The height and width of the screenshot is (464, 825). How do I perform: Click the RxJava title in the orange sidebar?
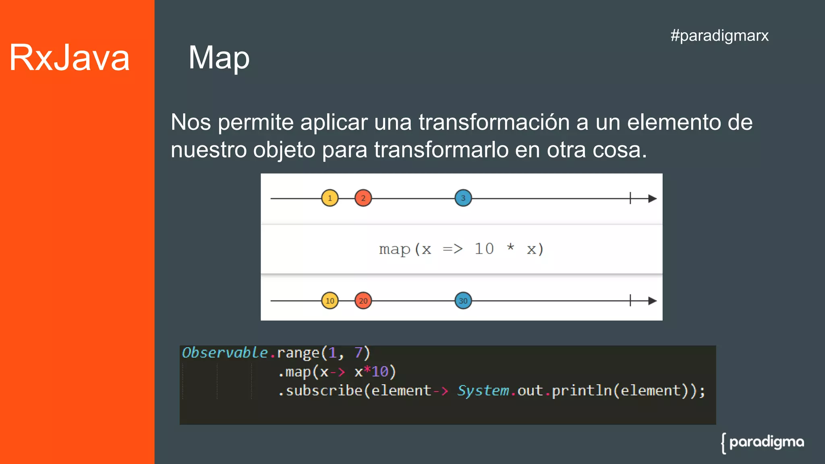coord(69,58)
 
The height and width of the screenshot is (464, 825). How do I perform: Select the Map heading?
coord(219,58)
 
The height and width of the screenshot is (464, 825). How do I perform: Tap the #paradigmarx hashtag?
coord(719,35)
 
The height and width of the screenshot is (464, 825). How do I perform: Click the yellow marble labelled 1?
coord(330,198)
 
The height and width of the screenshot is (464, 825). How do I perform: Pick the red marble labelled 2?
coord(363,198)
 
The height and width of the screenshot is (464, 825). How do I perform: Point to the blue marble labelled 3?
coord(463,198)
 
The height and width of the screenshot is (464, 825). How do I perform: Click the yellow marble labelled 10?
coord(330,301)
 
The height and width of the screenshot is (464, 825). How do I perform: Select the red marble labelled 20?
coord(363,301)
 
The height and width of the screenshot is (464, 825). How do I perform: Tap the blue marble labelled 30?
coord(463,301)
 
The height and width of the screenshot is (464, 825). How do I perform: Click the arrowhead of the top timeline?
coord(652,199)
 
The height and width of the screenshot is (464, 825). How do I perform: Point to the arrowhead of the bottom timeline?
coord(652,301)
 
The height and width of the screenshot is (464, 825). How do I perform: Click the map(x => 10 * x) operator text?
coord(461,249)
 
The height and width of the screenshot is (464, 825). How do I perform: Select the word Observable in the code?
coord(225,353)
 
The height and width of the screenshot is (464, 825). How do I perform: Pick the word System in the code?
coord(483,391)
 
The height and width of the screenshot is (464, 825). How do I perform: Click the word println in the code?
coord(582,391)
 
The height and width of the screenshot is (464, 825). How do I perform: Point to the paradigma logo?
coord(763,443)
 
